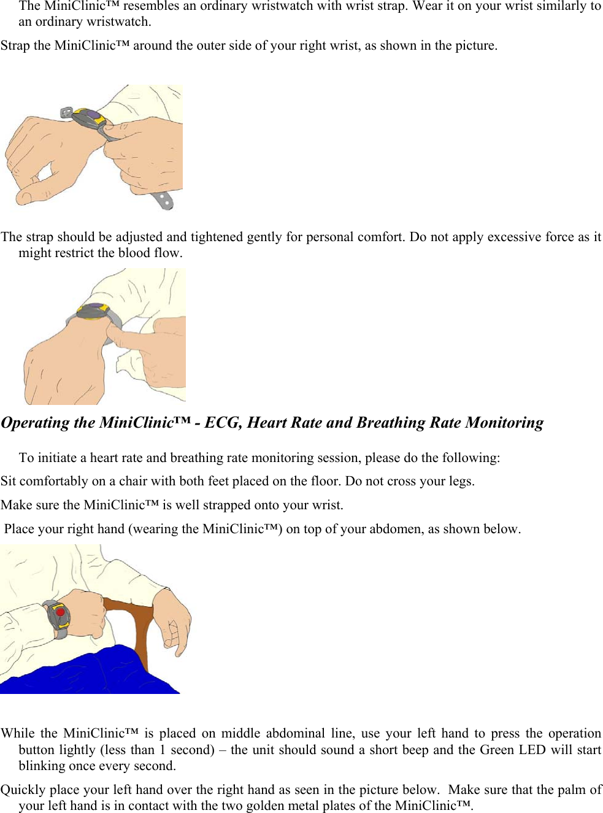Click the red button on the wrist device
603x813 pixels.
coord(60,612)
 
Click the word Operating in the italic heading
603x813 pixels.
coord(36,423)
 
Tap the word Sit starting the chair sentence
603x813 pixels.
coord(9,481)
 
